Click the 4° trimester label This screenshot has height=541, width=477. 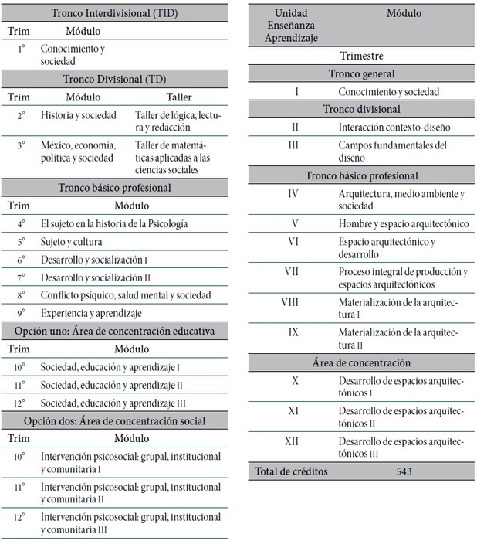tap(21, 223)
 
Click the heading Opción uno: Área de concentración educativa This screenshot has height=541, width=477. tap(114, 331)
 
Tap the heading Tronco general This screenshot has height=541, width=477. tap(361, 73)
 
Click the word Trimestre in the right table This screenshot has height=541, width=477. tap(361, 56)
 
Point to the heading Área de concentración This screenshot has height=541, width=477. tap(361, 362)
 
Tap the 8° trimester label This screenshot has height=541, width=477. tap(21, 294)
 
